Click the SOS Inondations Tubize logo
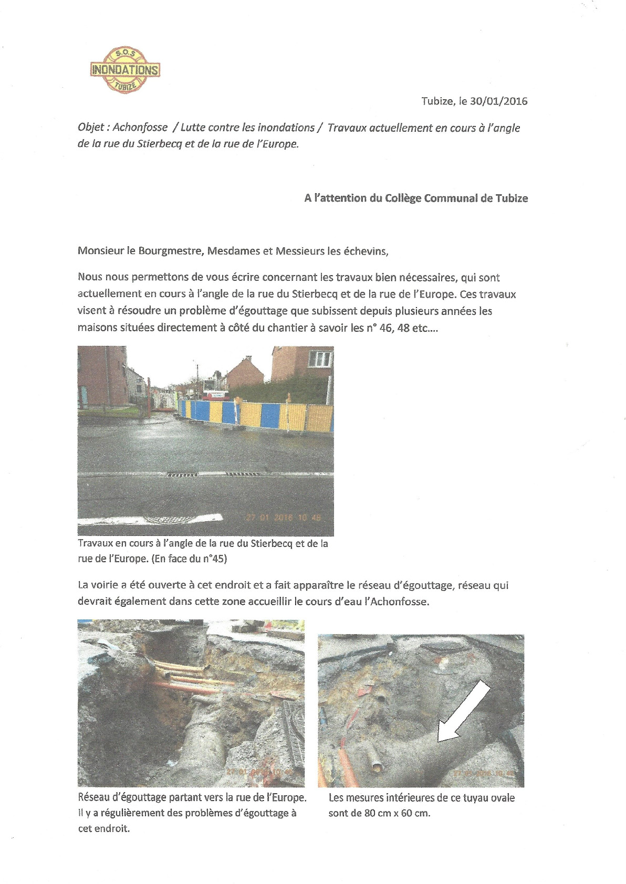point(125,70)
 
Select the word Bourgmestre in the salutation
point(175,251)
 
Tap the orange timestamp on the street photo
point(284,517)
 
